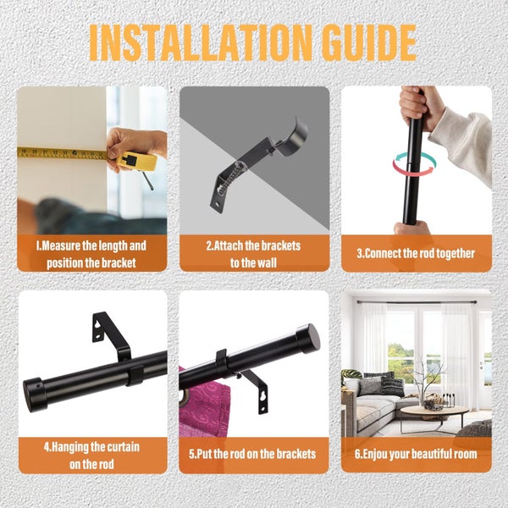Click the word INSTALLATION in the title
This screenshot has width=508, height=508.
tap(201, 43)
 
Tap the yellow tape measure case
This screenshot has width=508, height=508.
tap(136, 160)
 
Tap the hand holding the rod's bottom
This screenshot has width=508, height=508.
tap(411, 228)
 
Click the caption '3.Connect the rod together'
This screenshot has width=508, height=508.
tap(416, 253)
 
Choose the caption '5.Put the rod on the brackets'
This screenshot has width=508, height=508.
tap(252, 454)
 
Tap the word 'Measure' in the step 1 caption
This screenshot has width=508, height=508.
tap(61, 246)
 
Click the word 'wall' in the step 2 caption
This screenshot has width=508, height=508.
tap(265, 262)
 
